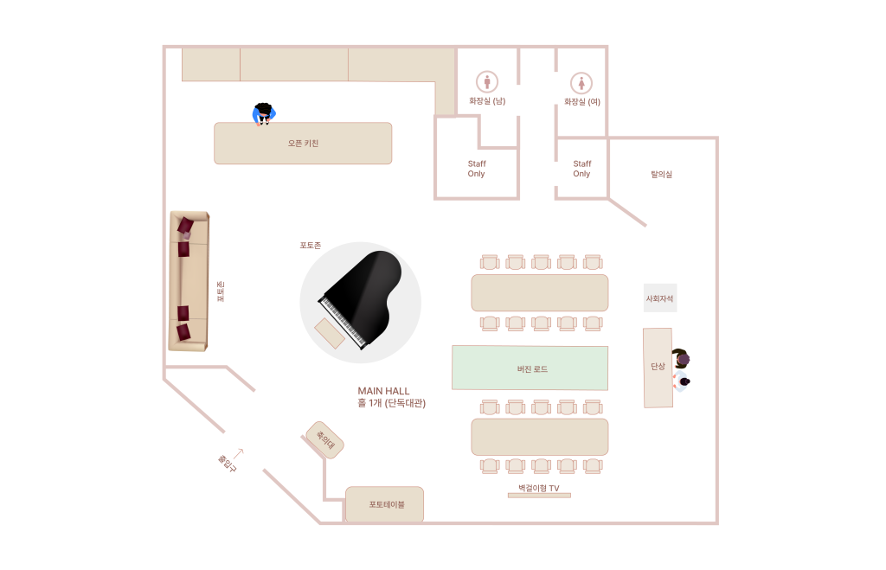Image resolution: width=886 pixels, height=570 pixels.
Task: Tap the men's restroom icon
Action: (487, 82)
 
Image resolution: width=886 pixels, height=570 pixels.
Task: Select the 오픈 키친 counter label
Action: (303, 144)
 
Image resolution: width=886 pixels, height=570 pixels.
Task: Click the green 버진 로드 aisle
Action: (530, 368)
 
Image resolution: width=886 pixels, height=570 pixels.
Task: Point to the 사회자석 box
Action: (659, 298)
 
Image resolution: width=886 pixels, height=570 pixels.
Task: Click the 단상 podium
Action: (658, 367)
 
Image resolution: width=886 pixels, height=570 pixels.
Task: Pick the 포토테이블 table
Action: (385, 504)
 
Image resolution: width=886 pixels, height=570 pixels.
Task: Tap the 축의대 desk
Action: (325, 439)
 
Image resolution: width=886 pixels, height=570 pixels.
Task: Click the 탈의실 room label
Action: (661, 174)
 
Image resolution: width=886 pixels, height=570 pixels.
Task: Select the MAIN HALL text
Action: (383, 391)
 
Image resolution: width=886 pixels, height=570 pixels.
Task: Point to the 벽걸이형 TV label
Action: (538, 489)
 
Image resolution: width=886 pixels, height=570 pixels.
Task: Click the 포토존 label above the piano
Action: (310, 246)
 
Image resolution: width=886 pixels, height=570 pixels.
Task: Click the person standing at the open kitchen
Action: (264, 113)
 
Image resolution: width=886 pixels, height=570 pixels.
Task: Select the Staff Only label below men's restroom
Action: (477, 169)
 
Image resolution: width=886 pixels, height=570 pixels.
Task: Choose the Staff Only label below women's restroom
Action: (581, 169)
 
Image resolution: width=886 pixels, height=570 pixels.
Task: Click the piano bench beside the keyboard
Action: (330, 332)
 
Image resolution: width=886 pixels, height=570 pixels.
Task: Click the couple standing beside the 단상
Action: (682, 369)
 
